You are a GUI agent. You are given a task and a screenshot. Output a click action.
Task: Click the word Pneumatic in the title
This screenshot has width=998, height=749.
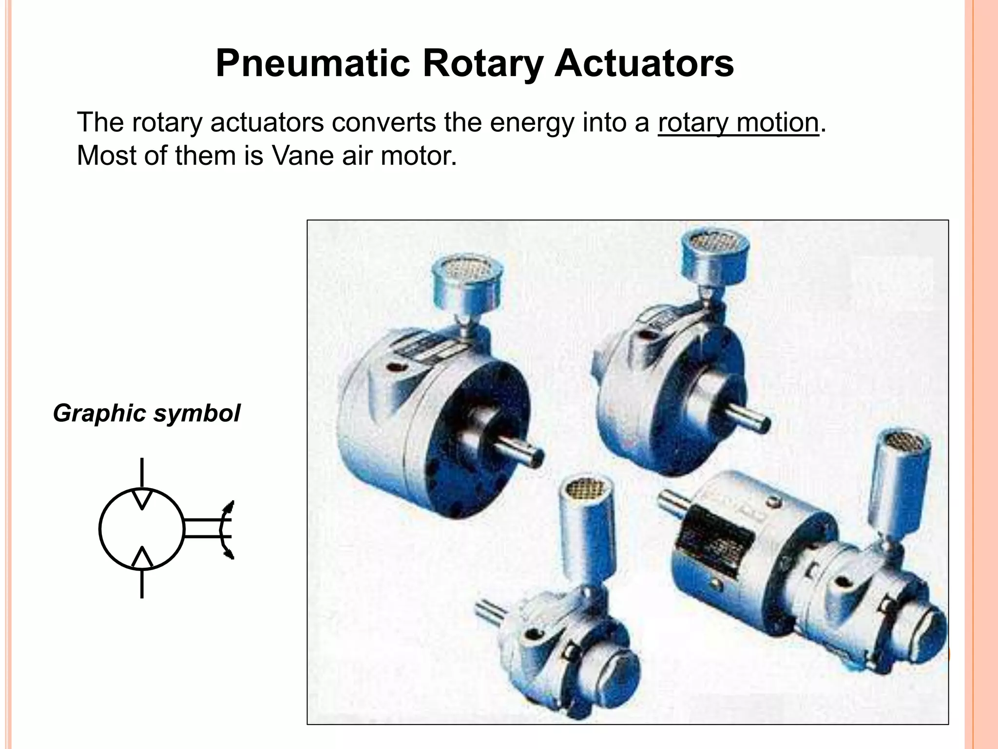[312, 63]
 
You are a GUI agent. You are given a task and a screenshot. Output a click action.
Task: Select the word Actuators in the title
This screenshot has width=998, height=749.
[644, 63]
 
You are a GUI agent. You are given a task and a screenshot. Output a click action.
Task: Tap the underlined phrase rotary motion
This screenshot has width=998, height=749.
[738, 122]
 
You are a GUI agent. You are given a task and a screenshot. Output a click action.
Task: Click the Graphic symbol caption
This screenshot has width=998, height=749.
[146, 413]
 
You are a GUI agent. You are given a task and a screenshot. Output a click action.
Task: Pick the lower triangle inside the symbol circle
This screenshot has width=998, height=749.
[142, 558]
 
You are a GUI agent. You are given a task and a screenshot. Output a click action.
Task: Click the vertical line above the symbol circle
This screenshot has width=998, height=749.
[142, 472]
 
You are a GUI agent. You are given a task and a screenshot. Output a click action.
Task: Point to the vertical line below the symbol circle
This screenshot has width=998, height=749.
[142, 583]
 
